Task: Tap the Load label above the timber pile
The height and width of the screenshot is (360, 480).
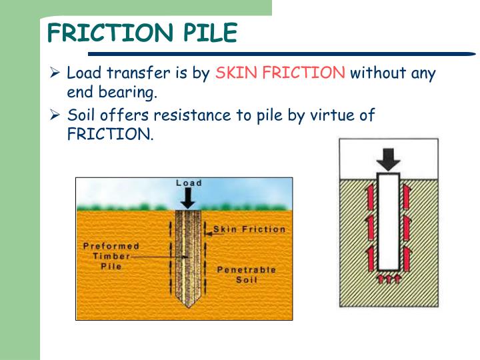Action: tap(189, 183)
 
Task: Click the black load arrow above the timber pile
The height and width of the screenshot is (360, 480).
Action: tap(189, 197)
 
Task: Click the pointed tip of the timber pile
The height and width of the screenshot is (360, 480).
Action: tap(189, 303)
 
